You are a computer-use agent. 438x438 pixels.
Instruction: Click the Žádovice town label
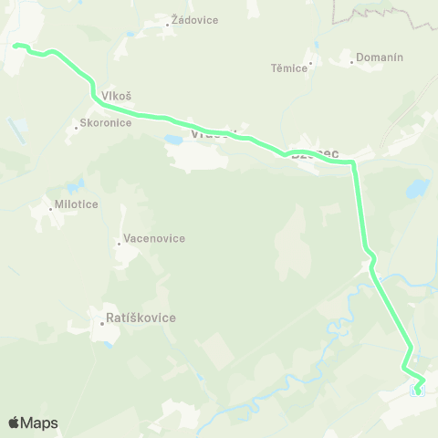pos(194,20)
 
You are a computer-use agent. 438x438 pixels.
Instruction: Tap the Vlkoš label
pos(117,96)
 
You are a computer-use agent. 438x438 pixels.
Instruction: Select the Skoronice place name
pos(108,123)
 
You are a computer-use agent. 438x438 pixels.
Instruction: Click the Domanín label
pos(379,57)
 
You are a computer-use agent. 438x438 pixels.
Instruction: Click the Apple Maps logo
pos(33,422)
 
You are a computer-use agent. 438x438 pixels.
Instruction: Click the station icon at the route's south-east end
pos(419,391)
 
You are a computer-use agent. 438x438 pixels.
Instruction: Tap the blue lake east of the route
pos(417,189)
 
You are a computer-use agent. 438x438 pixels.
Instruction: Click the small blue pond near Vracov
pos(172,140)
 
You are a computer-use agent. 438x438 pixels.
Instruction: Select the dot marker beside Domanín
pos(352,62)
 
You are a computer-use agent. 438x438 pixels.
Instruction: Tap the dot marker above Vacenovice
pos(119,243)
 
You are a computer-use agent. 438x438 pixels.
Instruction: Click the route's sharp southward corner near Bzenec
pos(354,164)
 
